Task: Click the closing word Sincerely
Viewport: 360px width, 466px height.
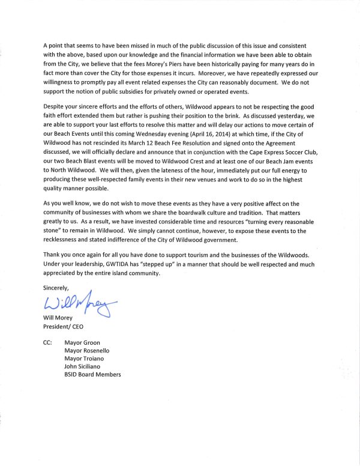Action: [57, 288]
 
